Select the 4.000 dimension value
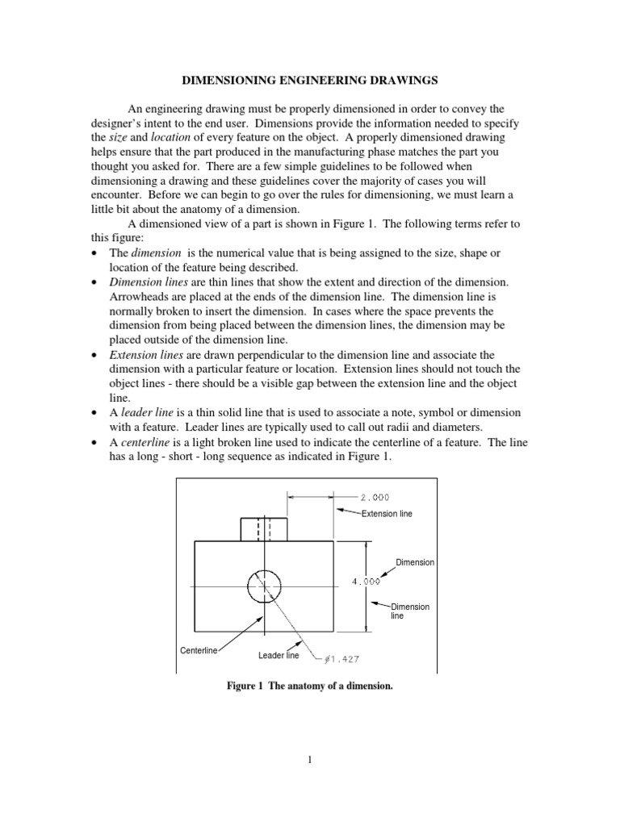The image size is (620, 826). [367, 580]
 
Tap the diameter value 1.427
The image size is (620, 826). [344, 659]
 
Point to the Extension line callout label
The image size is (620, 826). [387, 513]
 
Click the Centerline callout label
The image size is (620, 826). [198, 650]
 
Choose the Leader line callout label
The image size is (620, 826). [279, 655]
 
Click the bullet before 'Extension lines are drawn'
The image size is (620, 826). [96, 355]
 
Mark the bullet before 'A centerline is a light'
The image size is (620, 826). [96, 441]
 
